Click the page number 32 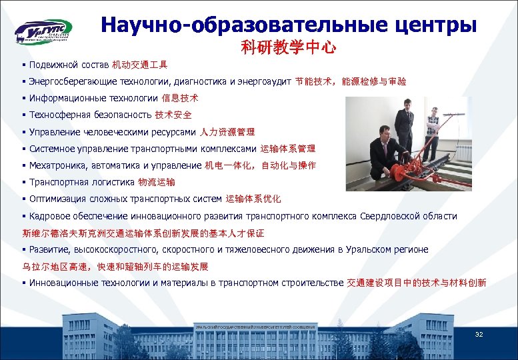(x=479, y=334)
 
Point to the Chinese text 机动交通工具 (x=140, y=65)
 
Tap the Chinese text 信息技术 (x=180, y=98)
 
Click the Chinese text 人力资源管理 (x=227, y=132)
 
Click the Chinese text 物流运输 (x=157, y=182)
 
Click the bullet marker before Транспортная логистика (x=23, y=182)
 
